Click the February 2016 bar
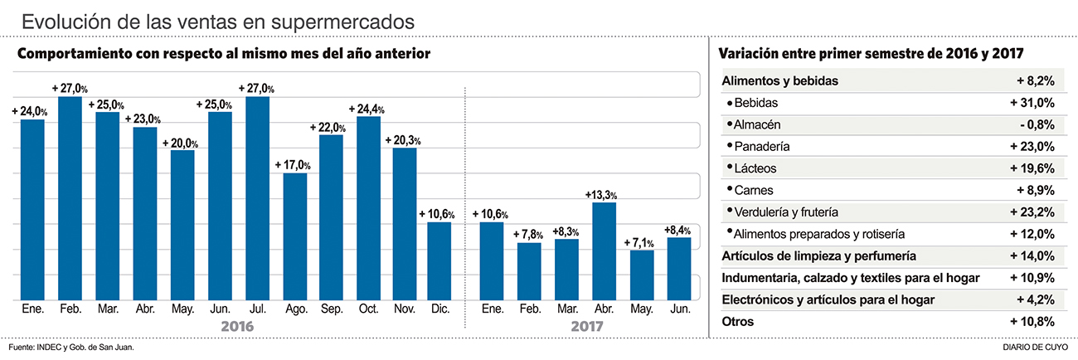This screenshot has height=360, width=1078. coord(70,198)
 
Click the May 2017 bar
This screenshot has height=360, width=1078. coord(641,275)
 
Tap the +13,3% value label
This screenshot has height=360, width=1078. coord(604,194)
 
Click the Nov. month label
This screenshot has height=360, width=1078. coord(405,309)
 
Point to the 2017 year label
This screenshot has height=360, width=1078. coord(587,327)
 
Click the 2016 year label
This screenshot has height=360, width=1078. coord(237,327)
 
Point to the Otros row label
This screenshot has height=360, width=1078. coord(738,321)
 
